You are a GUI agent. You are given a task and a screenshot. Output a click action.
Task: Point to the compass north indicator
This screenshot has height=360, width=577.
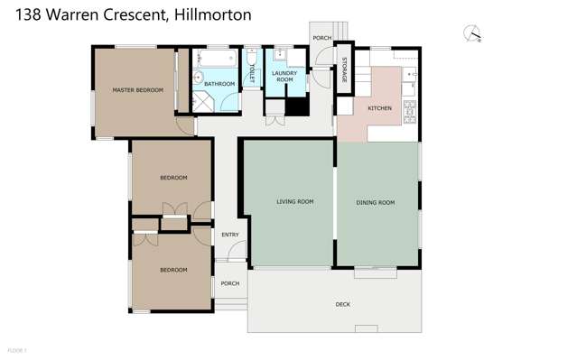point(472,34)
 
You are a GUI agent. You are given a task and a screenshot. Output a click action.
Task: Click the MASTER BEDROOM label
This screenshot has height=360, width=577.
point(137,90)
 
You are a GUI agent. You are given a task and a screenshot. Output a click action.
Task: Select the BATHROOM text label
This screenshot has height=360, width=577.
point(219,84)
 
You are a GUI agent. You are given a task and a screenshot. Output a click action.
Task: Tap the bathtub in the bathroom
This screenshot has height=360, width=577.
point(217,60)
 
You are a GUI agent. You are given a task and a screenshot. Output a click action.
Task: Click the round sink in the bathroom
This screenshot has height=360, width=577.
point(198,78)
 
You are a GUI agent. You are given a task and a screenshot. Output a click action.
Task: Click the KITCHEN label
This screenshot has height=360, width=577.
point(379,108)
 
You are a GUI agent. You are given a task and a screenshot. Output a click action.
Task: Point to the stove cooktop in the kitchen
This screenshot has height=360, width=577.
point(409,112)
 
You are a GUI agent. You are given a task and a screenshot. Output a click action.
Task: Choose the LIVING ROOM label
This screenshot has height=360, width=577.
point(294,202)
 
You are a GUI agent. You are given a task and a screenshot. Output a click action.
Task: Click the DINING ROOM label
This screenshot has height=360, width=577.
point(376,203)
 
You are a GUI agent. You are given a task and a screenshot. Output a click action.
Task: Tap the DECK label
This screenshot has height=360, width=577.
point(342,304)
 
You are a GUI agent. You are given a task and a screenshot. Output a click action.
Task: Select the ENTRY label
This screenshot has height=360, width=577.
point(230,235)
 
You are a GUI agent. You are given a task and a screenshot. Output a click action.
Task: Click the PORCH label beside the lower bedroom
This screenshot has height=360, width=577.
point(230,283)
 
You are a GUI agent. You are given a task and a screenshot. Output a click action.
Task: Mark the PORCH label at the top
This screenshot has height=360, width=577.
point(321,38)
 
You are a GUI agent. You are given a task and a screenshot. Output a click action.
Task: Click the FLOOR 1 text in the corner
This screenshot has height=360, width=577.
point(17,350)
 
